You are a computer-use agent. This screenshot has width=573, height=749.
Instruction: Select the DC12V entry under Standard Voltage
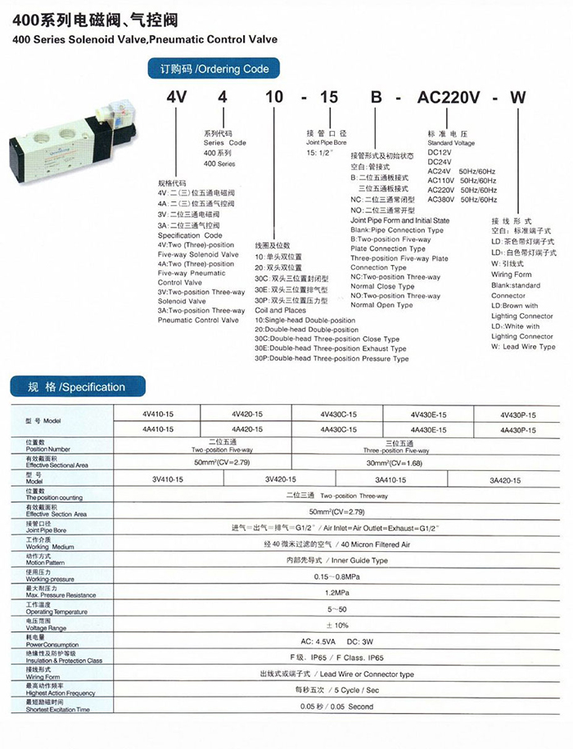(440, 153)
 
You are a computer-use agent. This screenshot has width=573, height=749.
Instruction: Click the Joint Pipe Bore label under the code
(324, 141)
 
